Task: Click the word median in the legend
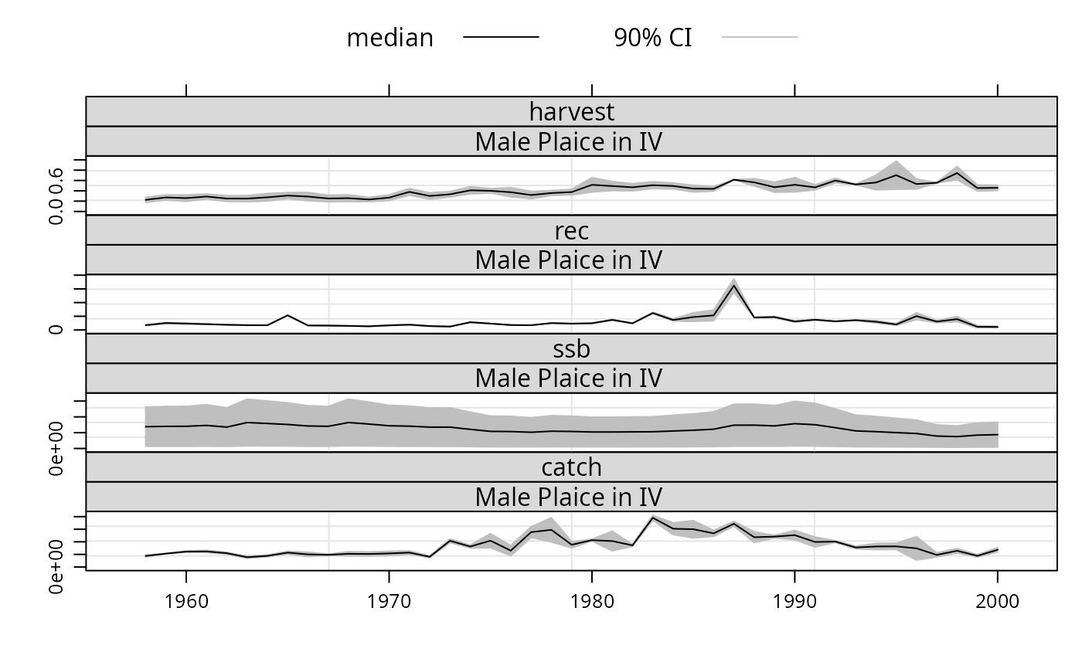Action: (390, 38)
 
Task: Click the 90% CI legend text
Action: (652, 38)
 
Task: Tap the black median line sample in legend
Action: (501, 36)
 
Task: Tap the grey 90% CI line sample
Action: (759, 36)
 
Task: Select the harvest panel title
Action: (571, 112)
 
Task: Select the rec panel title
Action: (571, 231)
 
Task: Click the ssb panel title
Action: (571, 349)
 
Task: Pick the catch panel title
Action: (571, 467)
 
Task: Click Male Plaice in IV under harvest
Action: (569, 142)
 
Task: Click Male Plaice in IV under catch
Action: (569, 498)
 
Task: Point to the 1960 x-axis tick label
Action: (186, 602)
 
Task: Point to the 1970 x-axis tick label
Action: (389, 602)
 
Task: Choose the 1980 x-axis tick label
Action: (592, 602)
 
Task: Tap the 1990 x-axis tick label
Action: (794, 602)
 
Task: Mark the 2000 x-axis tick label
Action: (998, 602)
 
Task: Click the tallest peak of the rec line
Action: (733, 285)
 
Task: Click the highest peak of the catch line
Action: (652, 518)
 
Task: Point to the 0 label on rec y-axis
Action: (56, 330)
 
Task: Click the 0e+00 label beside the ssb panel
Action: (56, 448)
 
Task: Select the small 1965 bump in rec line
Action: (288, 315)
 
